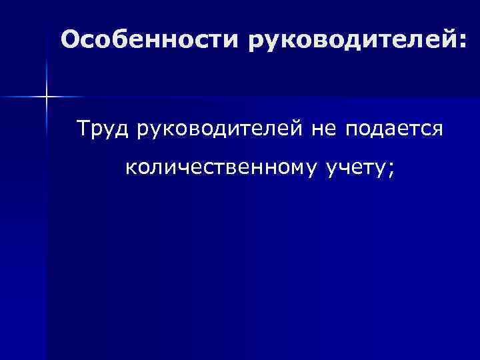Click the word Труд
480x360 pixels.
click(x=103, y=129)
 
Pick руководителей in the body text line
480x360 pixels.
click(x=221, y=129)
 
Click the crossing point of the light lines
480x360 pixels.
click(x=47, y=98)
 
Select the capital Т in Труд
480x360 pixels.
click(x=84, y=127)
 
